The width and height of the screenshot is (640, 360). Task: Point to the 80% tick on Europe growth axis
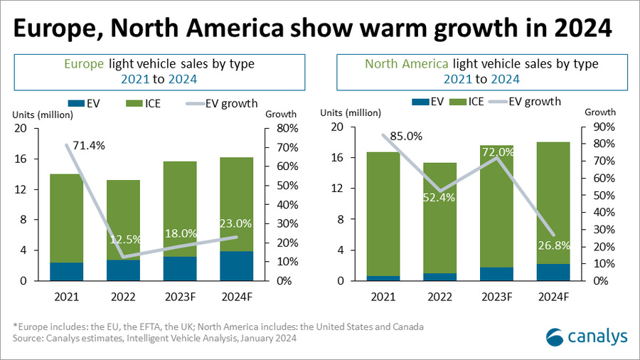276,129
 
